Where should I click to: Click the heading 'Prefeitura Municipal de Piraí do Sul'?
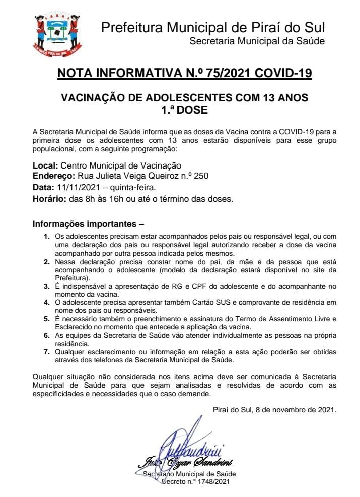pos(213,27)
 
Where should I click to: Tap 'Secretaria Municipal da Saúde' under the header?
pos(257,41)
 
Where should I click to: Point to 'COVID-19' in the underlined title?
pos(283,73)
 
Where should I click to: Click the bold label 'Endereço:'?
pos(53,176)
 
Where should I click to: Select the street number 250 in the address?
pos(201,176)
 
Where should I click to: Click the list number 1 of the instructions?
pos(46,236)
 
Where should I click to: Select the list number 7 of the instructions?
pos(46,352)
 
